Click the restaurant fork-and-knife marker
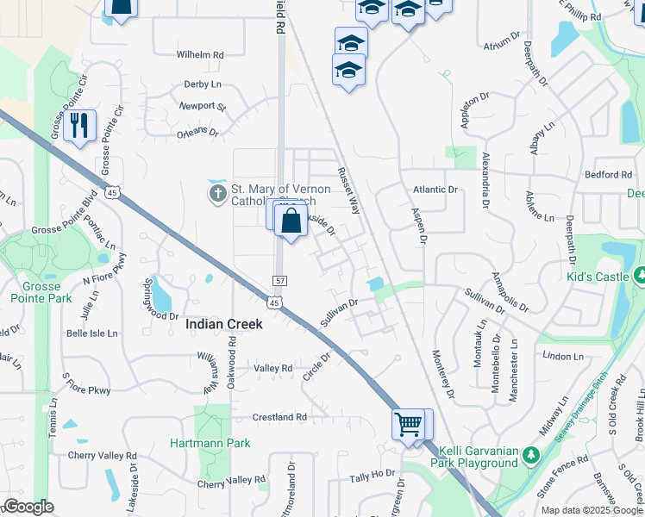(79, 126)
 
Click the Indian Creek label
(224, 324)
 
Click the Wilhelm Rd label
(200, 55)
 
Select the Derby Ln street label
(203, 84)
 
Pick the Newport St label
(202, 107)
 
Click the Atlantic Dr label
(435, 190)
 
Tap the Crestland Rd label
(279, 417)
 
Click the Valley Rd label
(273, 368)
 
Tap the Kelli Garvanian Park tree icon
(532, 454)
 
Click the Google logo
(28, 508)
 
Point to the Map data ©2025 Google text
(592, 510)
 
